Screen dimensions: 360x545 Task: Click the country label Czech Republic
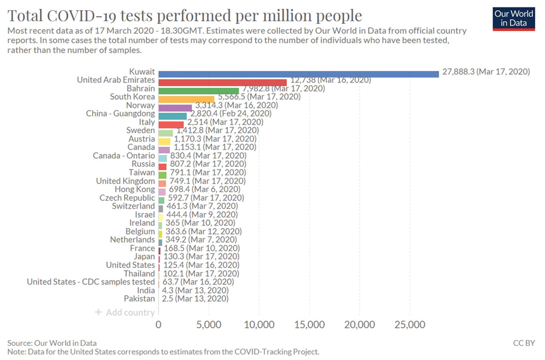pyautogui.click(x=127, y=198)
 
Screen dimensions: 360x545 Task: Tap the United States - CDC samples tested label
pyautogui.click(x=91, y=282)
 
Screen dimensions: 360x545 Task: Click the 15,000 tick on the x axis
pyautogui.click(x=310, y=325)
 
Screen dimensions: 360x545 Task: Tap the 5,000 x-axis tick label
pyautogui.click(x=209, y=325)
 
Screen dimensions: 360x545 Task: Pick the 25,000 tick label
pyautogui.click(x=410, y=325)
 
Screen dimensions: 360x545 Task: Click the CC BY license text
pyautogui.click(x=524, y=343)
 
